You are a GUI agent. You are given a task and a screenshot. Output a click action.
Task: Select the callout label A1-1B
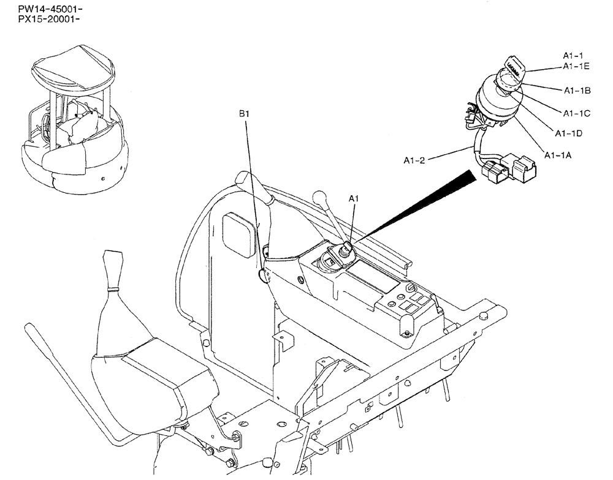coord(577,91)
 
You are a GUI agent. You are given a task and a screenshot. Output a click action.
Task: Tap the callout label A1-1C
coord(577,113)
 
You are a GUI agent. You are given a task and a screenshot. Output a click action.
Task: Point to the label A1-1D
coord(568,133)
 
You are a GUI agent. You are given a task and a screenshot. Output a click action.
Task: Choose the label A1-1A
coord(558,156)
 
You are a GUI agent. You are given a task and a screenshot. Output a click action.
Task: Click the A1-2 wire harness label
coord(415,160)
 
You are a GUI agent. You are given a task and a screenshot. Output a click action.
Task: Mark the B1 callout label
coord(244,114)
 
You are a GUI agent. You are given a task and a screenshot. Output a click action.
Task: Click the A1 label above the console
coord(354,198)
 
